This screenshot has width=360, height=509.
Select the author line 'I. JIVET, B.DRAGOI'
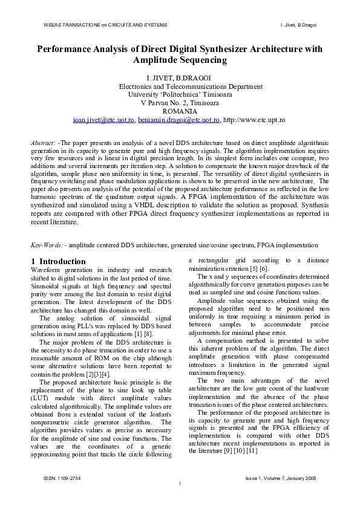click(180, 78)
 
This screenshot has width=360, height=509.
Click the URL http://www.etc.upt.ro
click(254, 120)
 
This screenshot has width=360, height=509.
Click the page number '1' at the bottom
click(180, 486)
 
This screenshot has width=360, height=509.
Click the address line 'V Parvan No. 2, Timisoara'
click(180, 103)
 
